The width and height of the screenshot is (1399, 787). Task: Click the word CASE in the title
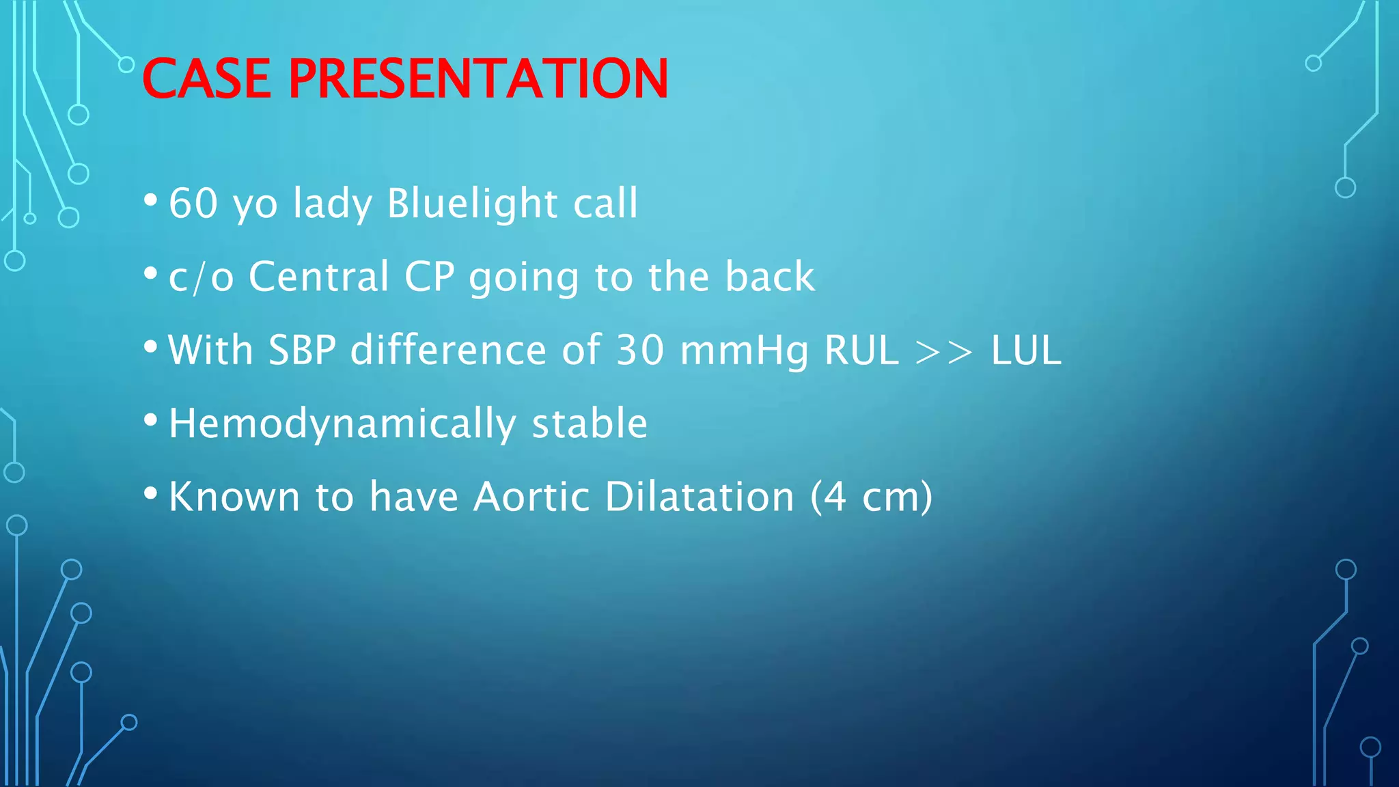tap(206, 79)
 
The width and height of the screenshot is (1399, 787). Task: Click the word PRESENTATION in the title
tap(478, 79)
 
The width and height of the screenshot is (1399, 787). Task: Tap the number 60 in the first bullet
tap(193, 203)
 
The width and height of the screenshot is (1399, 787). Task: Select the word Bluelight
tap(472, 203)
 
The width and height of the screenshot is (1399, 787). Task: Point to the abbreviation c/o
tap(201, 277)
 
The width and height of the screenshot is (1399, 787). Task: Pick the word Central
tap(319, 277)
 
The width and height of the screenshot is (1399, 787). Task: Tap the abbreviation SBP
tap(302, 350)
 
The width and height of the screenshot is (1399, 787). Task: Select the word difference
tap(448, 350)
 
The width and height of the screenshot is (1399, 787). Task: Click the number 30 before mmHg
tap(640, 350)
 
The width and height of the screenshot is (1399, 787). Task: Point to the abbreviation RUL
tap(861, 350)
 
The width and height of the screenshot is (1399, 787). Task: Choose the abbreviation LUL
tap(1026, 350)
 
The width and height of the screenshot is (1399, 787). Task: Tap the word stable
tap(590, 423)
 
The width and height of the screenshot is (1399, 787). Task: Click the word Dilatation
tap(699, 496)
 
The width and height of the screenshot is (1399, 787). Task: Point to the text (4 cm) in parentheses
tap(871, 497)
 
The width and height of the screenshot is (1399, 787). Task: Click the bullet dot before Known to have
tap(151, 493)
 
